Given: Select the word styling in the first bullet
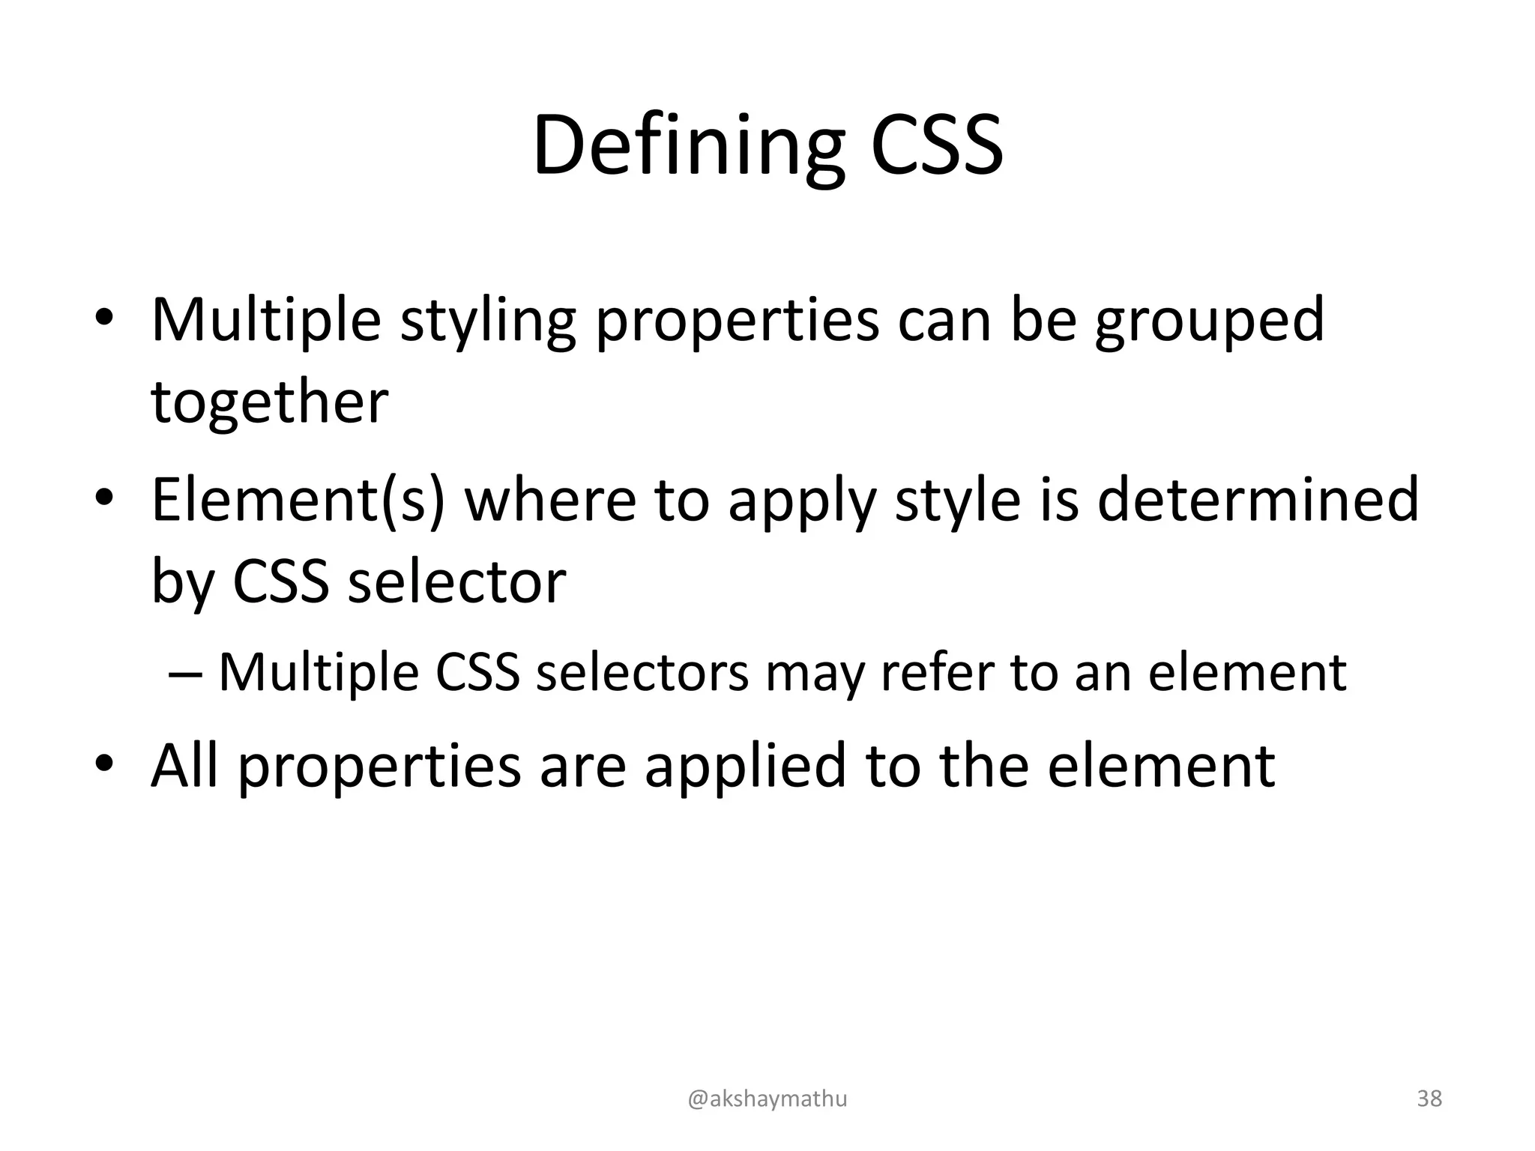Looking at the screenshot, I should pos(488,321).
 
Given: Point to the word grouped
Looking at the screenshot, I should pos(1210,321).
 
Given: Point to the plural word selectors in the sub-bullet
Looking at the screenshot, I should pos(642,672).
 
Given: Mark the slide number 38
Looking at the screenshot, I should pos(1429,1099).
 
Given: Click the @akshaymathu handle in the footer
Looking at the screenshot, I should pos(767,1099).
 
